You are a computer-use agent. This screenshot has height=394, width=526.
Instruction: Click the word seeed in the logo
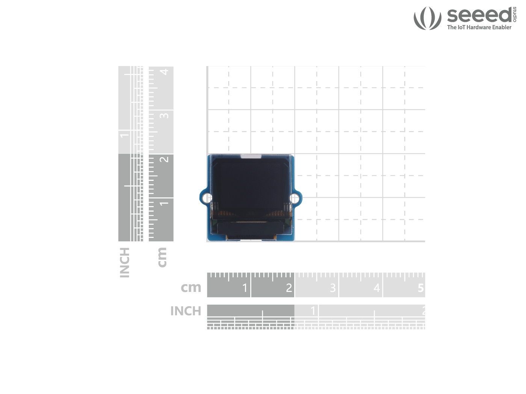pos(479,15)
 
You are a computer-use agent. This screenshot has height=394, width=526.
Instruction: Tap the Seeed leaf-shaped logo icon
pos(427,18)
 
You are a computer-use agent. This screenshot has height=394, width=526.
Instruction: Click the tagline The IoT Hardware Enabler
pos(479,27)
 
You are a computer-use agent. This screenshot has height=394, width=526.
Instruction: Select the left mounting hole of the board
pos(206,198)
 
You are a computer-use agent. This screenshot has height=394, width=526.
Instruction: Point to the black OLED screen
pos(251,189)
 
